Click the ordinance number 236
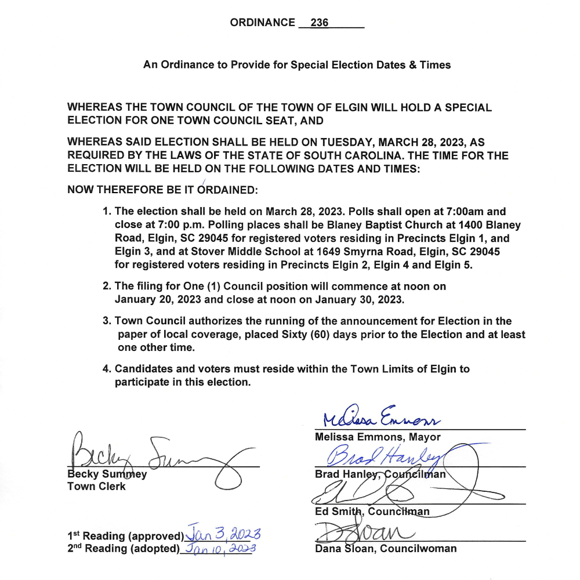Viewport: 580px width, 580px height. coord(320,23)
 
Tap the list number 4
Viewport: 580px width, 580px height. coord(106,369)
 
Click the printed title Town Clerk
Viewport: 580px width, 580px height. coord(96,486)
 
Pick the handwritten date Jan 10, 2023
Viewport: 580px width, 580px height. coord(219,548)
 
